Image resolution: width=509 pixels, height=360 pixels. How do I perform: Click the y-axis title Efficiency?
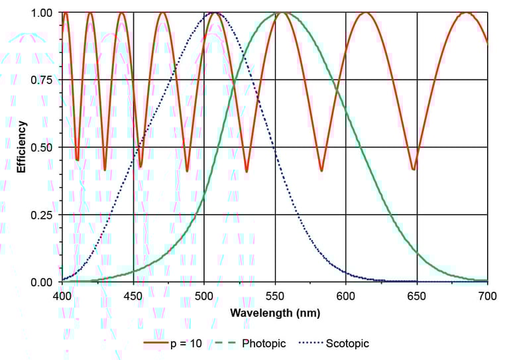21,147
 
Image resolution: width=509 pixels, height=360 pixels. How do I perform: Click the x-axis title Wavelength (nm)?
274,312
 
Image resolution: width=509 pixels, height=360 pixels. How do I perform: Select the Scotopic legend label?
348,343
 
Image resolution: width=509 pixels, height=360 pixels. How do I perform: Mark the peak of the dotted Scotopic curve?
215,13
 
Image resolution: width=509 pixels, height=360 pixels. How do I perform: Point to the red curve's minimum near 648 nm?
414,170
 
